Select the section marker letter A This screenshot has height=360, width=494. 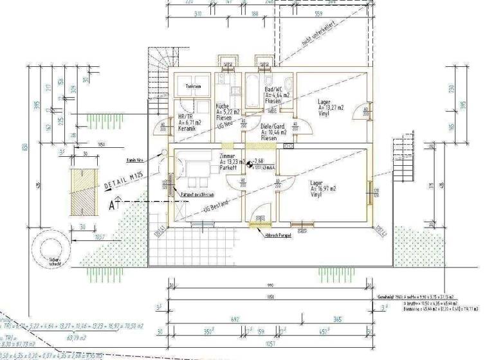click(113, 206)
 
